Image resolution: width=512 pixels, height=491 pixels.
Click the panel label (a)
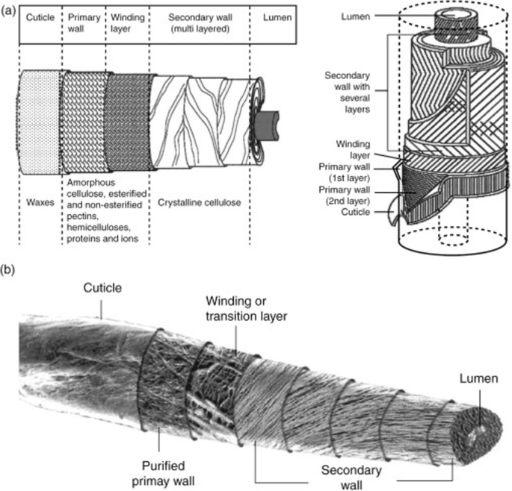[10, 10]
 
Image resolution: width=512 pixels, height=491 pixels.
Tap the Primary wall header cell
[84, 21]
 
